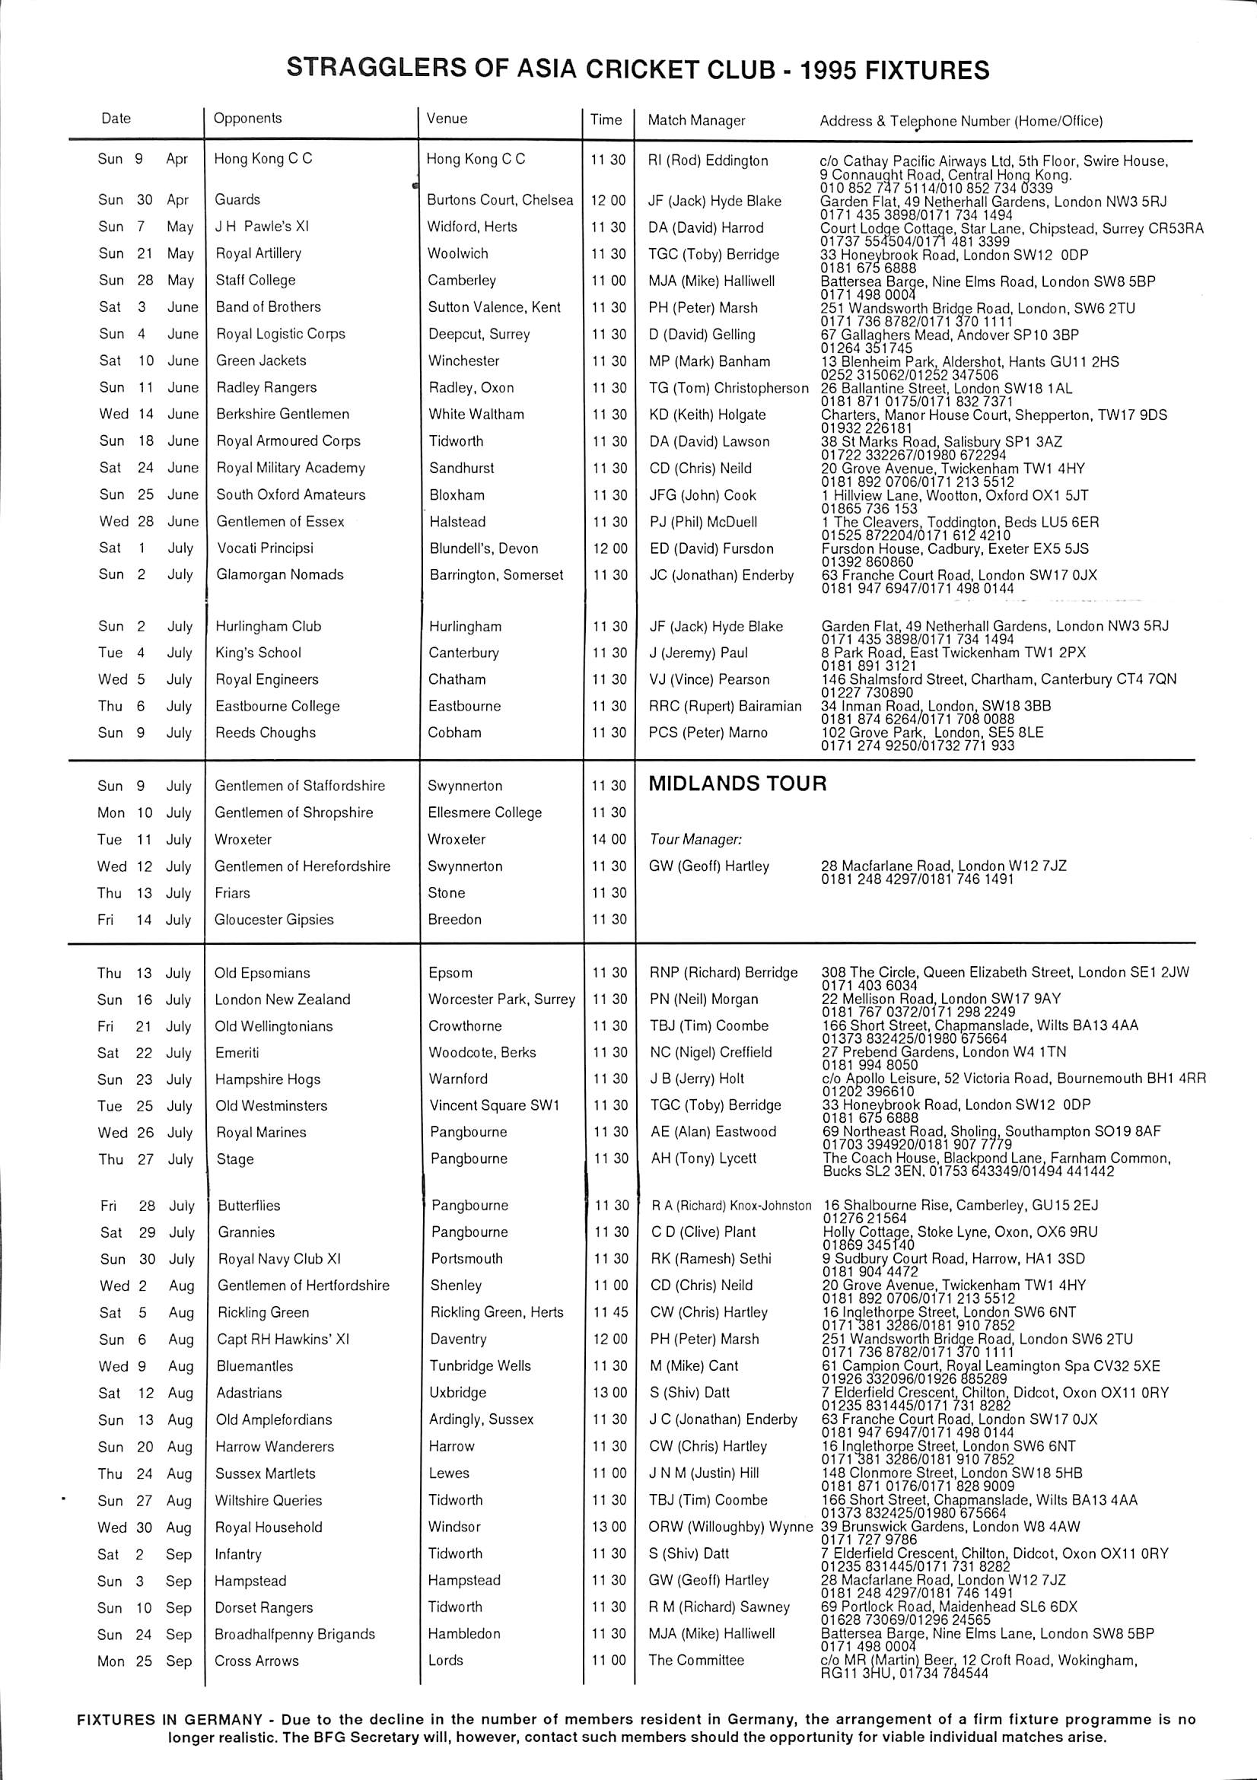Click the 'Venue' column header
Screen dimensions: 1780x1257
(x=447, y=119)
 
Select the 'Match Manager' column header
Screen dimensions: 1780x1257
(x=695, y=120)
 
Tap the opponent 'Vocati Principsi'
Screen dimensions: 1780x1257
(x=265, y=548)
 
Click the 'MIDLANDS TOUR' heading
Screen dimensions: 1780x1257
(x=737, y=784)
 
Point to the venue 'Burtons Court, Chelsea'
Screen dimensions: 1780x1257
(x=499, y=200)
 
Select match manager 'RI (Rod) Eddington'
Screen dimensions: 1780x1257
(x=707, y=161)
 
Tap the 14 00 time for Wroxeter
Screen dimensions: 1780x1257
(x=609, y=840)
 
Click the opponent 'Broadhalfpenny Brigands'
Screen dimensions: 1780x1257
(x=294, y=1633)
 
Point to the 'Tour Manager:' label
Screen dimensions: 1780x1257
(x=695, y=840)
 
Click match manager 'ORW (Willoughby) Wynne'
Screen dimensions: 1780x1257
(x=730, y=1527)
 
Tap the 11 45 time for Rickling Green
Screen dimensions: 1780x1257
(x=609, y=1312)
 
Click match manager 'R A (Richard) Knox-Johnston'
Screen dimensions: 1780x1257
(x=730, y=1206)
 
